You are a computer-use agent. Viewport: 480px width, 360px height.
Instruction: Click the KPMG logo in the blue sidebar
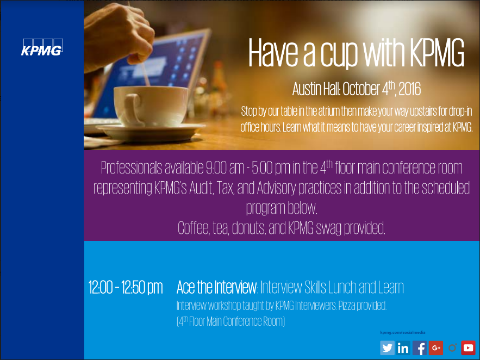(42, 47)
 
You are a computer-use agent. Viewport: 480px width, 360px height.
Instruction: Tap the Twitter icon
(387, 347)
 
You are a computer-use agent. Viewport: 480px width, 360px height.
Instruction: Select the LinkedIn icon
(403, 347)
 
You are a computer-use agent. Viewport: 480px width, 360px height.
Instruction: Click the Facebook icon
(419, 347)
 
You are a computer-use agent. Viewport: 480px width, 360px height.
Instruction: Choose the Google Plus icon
(436, 347)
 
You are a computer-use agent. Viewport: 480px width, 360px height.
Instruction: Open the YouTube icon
(468, 347)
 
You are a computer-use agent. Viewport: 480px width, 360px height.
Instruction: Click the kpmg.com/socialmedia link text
(403, 332)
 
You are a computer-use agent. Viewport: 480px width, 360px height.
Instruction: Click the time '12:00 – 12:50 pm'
(126, 288)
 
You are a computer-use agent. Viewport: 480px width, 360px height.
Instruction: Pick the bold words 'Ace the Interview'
(217, 287)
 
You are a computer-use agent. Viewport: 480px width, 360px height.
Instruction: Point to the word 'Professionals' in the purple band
(132, 167)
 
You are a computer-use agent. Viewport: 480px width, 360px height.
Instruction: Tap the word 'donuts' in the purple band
(248, 228)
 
